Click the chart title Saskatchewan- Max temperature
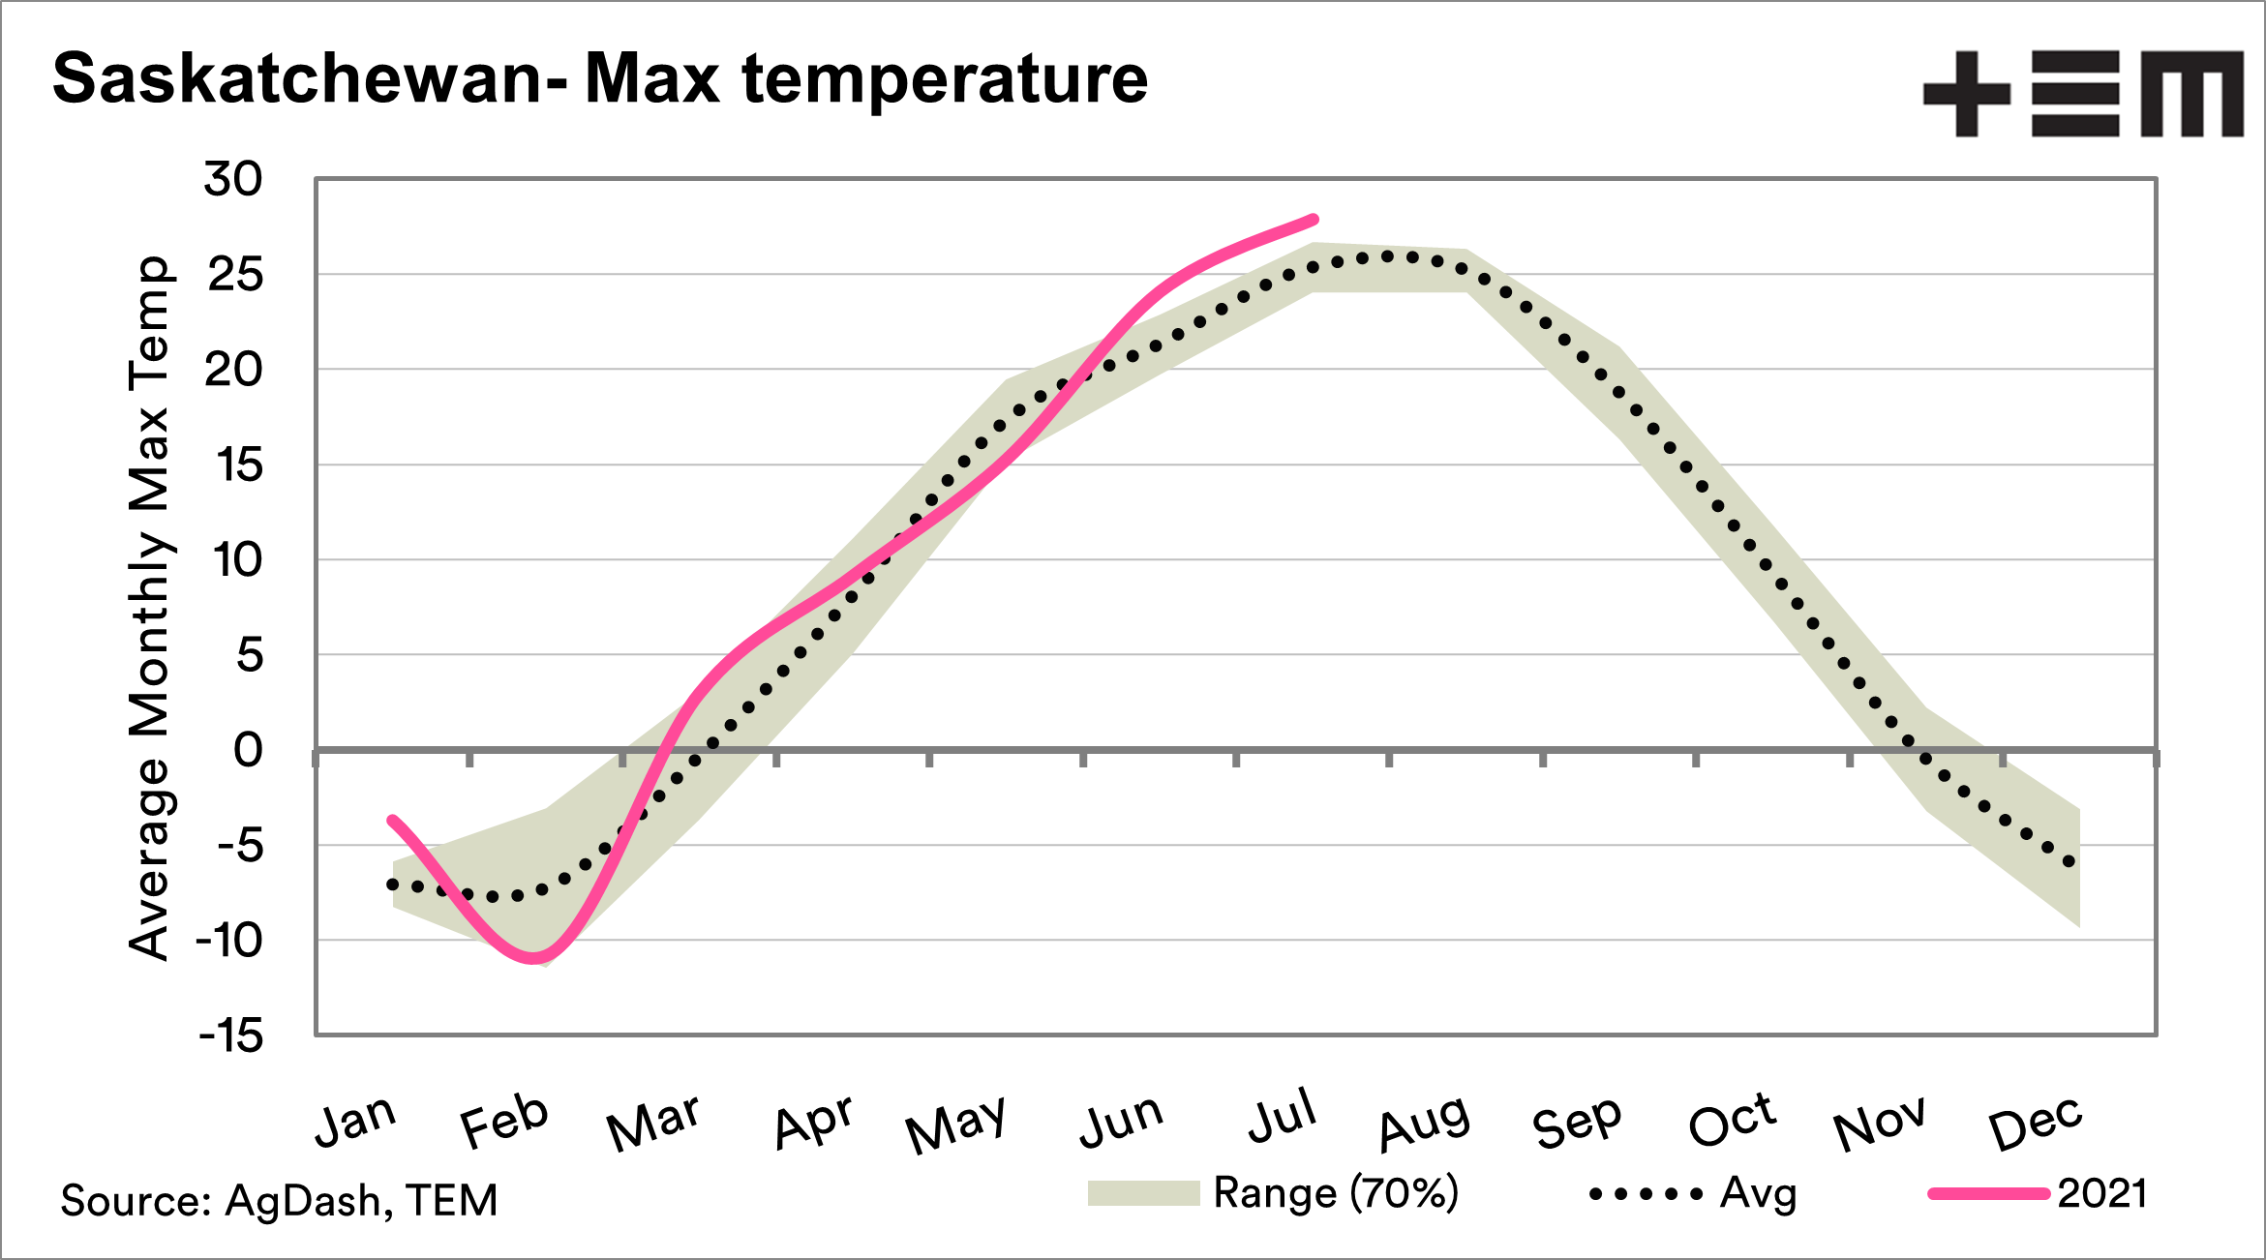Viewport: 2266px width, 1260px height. tap(600, 78)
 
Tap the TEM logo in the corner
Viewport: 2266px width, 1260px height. tap(2082, 94)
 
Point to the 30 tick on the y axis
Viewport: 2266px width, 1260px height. tap(233, 180)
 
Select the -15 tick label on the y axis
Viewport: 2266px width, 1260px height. tap(231, 1036)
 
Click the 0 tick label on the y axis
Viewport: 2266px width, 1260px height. tap(248, 750)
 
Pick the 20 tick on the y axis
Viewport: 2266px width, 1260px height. tap(233, 370)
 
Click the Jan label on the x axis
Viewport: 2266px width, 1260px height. tap(355, 1121)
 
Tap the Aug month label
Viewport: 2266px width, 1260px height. tap(1423, 1123)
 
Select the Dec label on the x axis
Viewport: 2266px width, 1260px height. tap(2035, 1123)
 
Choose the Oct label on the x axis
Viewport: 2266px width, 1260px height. tap(1731, 1121)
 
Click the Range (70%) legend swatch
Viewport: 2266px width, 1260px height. tap(1143, 1193)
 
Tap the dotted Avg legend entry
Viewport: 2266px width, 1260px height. tap(1646, 1194)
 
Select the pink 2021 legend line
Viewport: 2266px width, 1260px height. tap(1988, 1194)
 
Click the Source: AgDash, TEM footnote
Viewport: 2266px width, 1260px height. tap(279, 1200)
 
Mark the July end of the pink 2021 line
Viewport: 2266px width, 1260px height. tap(1313, 220)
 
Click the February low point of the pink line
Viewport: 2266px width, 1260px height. tap(533, 958)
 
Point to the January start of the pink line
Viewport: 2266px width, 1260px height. tap(392, 821)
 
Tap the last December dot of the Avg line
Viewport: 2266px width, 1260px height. tap(2070, 861)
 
